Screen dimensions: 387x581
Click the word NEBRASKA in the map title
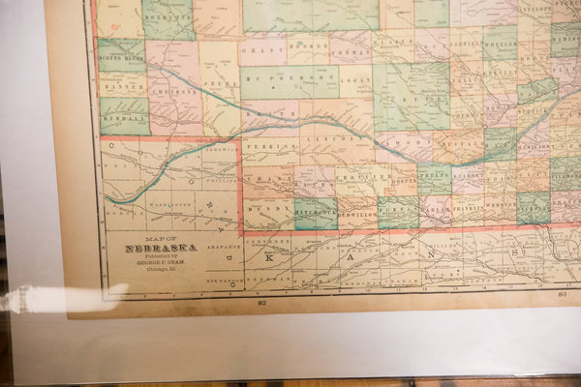160,247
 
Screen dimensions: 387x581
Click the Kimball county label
124,117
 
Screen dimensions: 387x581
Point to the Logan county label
355,82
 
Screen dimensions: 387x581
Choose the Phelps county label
434,176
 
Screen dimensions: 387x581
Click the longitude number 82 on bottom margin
261,303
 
